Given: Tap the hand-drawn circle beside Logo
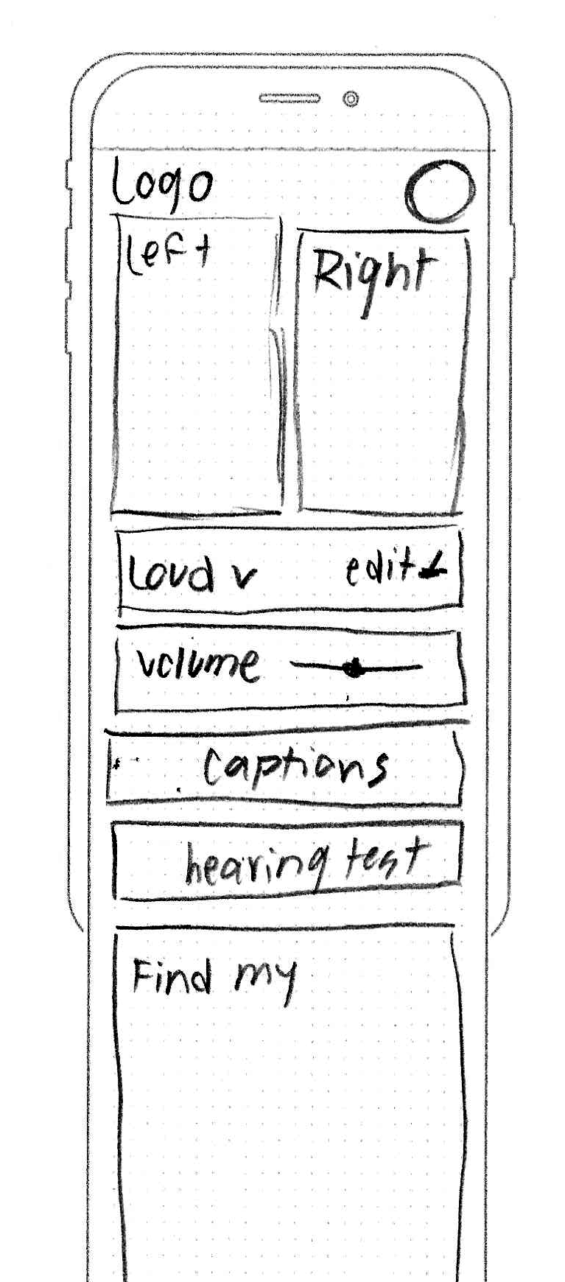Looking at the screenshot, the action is point(440,192).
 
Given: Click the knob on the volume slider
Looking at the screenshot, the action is point(355,668).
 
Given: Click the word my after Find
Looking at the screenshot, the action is point(267,981).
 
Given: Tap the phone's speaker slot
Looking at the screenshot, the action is point(289,98).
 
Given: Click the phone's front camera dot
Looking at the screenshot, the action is point(351,99).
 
